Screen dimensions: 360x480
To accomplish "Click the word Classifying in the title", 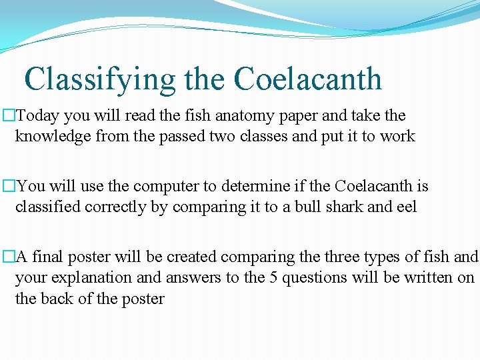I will (x=100, y=79).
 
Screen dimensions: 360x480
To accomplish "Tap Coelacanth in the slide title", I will (x=307, y=79).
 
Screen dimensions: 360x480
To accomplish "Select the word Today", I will (x=37, y=116).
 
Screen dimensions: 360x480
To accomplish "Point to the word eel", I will (x=406, y=207).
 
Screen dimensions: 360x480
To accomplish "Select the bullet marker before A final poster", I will (x=9, y=257).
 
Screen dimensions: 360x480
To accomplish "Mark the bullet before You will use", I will (x=9, y=187).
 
